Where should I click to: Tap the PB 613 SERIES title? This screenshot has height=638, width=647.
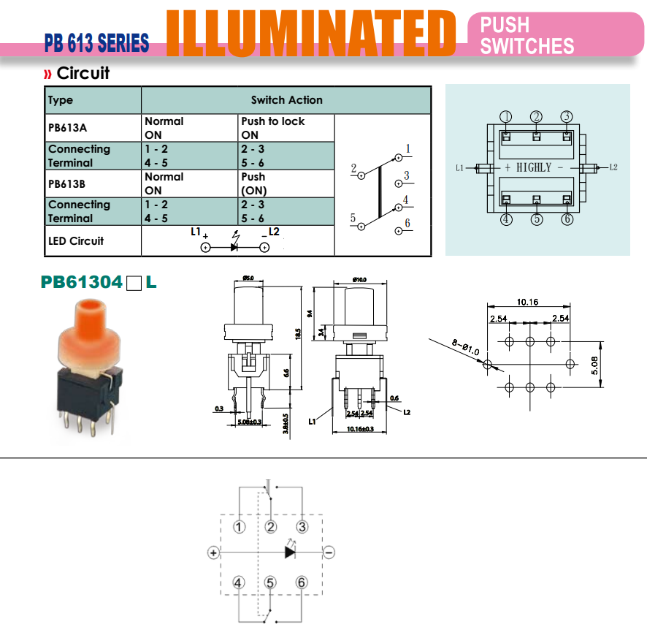point(96,43)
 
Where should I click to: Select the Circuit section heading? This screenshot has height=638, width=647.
point(83,73)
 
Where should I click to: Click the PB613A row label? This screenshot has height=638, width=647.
point(67,128)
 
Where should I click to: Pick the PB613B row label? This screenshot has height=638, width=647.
point(67,183)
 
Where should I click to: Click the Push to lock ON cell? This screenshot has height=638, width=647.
point(272,128)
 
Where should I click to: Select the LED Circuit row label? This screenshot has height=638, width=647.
point(76,240)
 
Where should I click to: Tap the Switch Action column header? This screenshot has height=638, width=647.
point(286,100)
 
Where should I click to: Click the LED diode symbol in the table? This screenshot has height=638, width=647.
point(234,247)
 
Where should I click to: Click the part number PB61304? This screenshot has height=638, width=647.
point(81,281)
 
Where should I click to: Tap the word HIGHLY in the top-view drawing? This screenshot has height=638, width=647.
point(534,167)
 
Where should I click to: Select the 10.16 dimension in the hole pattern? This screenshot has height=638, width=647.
point(527,301)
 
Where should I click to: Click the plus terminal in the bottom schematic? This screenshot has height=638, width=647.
point(213,552)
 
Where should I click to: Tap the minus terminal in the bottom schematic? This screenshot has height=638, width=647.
point(329,552)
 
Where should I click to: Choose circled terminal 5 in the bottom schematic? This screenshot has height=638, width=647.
point(270,582)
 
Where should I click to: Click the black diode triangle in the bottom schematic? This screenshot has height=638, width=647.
point(290,552)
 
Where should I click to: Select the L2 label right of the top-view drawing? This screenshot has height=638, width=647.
point(613,167)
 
